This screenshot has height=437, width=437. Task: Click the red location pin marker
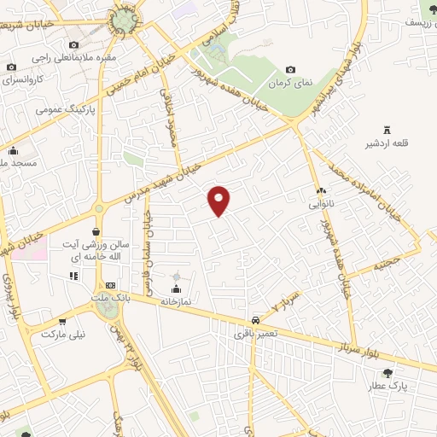tap(220, 200)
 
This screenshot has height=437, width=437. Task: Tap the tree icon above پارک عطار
tap(387, 373)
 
